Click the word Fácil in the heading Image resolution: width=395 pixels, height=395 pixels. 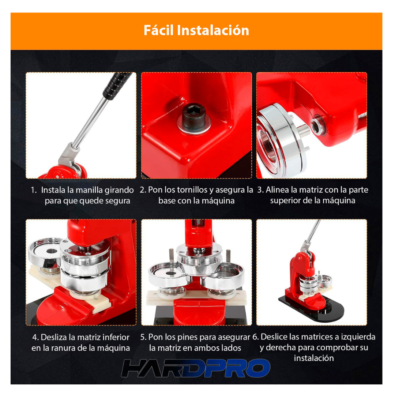point(158,30)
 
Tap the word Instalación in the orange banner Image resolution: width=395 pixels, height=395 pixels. point(213,30)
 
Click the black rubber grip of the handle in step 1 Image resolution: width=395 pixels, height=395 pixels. point(117,86)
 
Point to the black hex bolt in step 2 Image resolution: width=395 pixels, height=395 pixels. point(194,116)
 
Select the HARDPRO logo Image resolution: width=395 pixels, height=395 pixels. point(195,368)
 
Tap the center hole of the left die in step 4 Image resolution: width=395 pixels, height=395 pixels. point(52,251)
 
